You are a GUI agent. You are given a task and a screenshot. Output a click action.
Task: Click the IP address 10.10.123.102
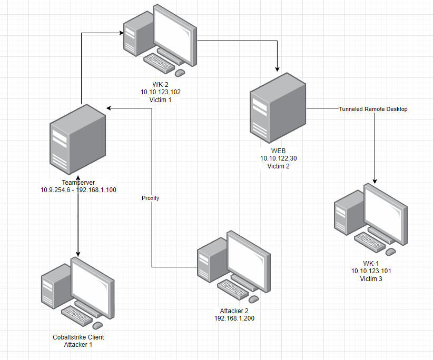160,92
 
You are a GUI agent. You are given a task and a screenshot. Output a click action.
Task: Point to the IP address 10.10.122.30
278,158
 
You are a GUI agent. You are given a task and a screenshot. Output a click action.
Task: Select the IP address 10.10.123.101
371,271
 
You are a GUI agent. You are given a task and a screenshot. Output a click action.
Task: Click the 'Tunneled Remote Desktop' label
373,109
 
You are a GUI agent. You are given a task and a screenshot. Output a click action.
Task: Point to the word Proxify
150,198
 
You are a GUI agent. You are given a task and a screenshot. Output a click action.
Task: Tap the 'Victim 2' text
278,166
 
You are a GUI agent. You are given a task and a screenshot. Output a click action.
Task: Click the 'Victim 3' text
371,278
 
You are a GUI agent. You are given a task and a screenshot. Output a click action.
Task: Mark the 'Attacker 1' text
78,345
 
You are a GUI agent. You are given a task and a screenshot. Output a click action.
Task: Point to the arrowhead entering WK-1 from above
374,181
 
